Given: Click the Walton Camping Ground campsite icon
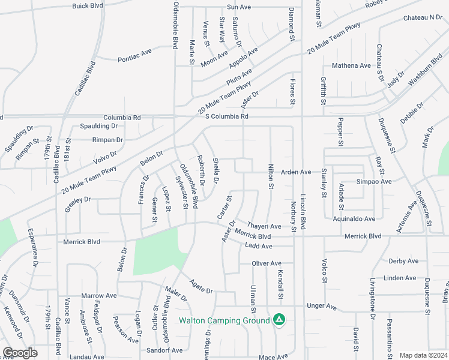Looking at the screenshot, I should coord(279,320).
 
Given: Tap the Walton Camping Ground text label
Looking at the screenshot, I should coord(224,320).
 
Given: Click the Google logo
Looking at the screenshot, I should coord(20,353).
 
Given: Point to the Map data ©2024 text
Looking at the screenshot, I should coord(423,355).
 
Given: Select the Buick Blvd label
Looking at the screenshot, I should coord(88,6).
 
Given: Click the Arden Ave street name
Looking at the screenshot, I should coord(296,172).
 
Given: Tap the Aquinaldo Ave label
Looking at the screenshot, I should coord(354,219).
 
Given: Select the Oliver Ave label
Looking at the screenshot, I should coord(267,263).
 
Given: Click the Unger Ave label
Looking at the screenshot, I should coord(322,306).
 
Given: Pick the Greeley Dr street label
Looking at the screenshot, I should coord(77,199).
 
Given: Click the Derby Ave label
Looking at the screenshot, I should coord(403,261).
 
